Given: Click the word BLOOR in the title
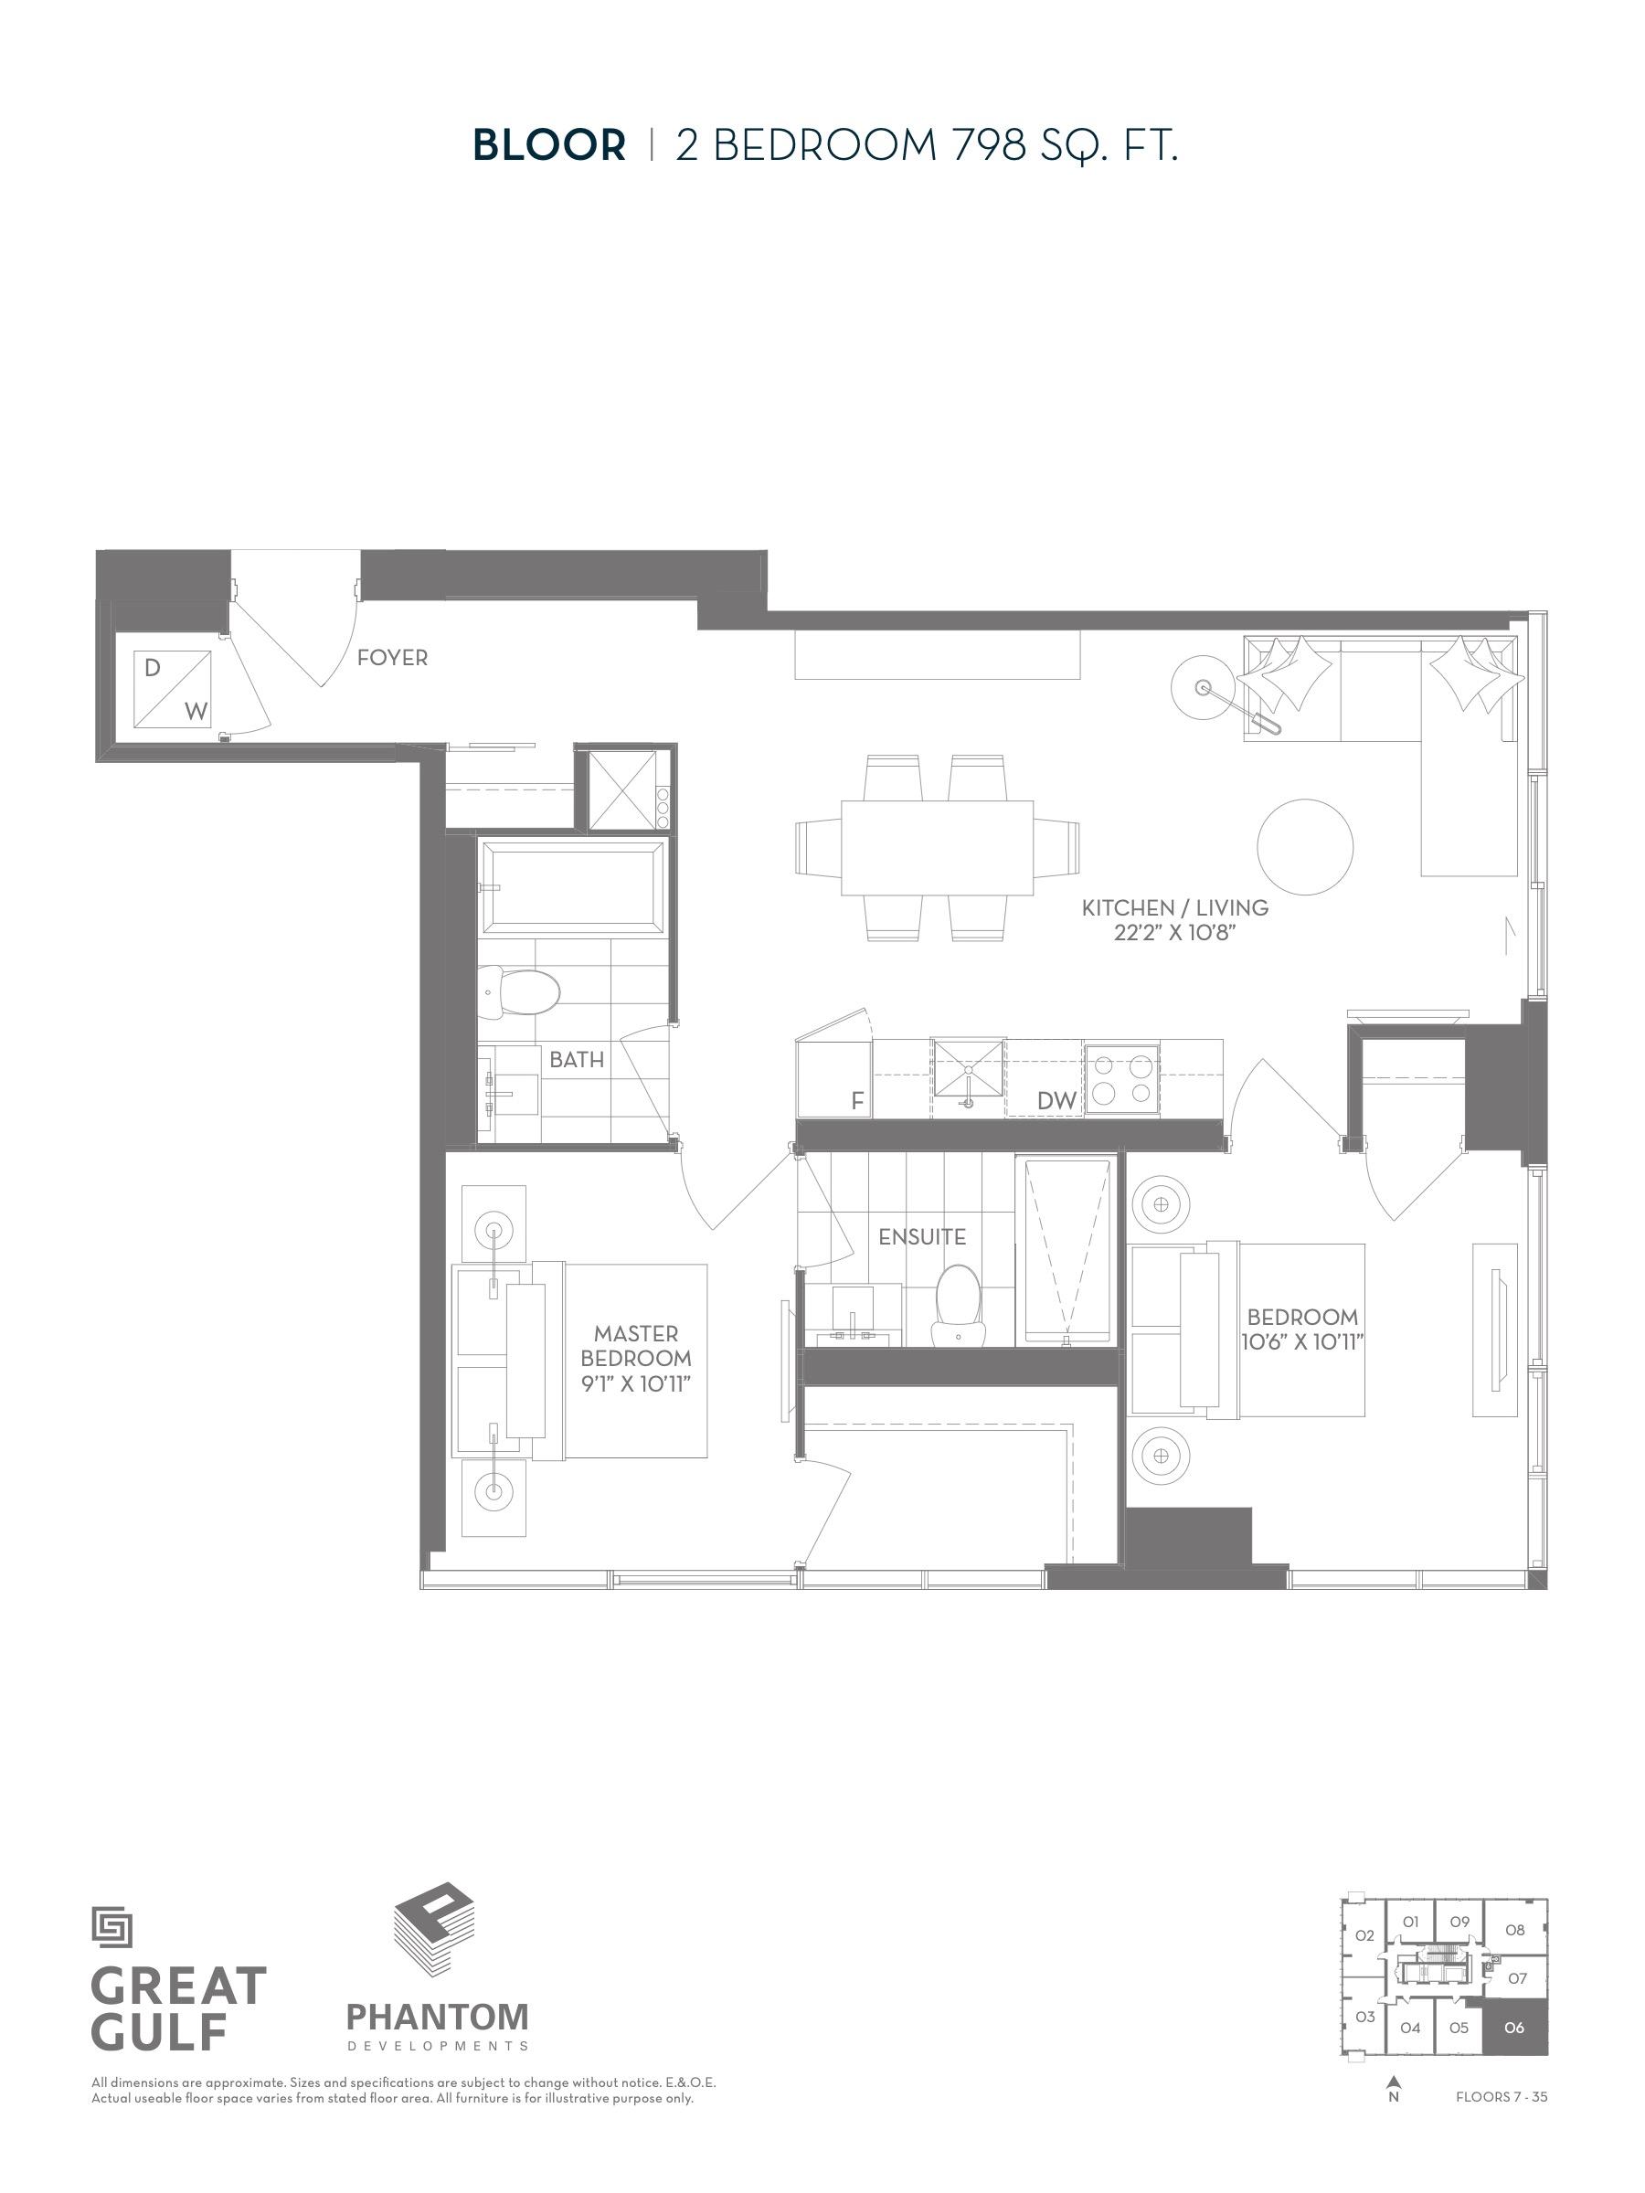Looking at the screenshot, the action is click(549, 145).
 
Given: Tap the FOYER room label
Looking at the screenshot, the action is click(392, 657).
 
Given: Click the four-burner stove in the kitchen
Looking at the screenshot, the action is click(1121, 1080).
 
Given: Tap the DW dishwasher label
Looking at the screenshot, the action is click(1056, 1100).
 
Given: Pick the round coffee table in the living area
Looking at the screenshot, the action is click(1305, 848).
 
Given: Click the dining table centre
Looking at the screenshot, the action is click(937, 848).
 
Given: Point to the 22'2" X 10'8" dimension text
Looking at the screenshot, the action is click(1175, 933).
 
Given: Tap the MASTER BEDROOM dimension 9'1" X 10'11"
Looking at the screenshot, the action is click(635, 1382).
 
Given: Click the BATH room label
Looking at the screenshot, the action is click(576, 1060).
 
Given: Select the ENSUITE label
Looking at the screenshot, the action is click(922, 1236).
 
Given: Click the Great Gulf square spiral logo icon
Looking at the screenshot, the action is click(112, 1928).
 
